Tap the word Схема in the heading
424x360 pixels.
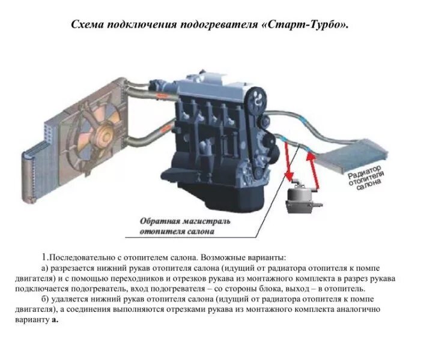coord(88,25)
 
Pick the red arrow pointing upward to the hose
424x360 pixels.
coord(312,168)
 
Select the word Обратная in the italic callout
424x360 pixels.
coord(160,220)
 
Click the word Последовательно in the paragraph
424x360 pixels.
coord(81,256)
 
